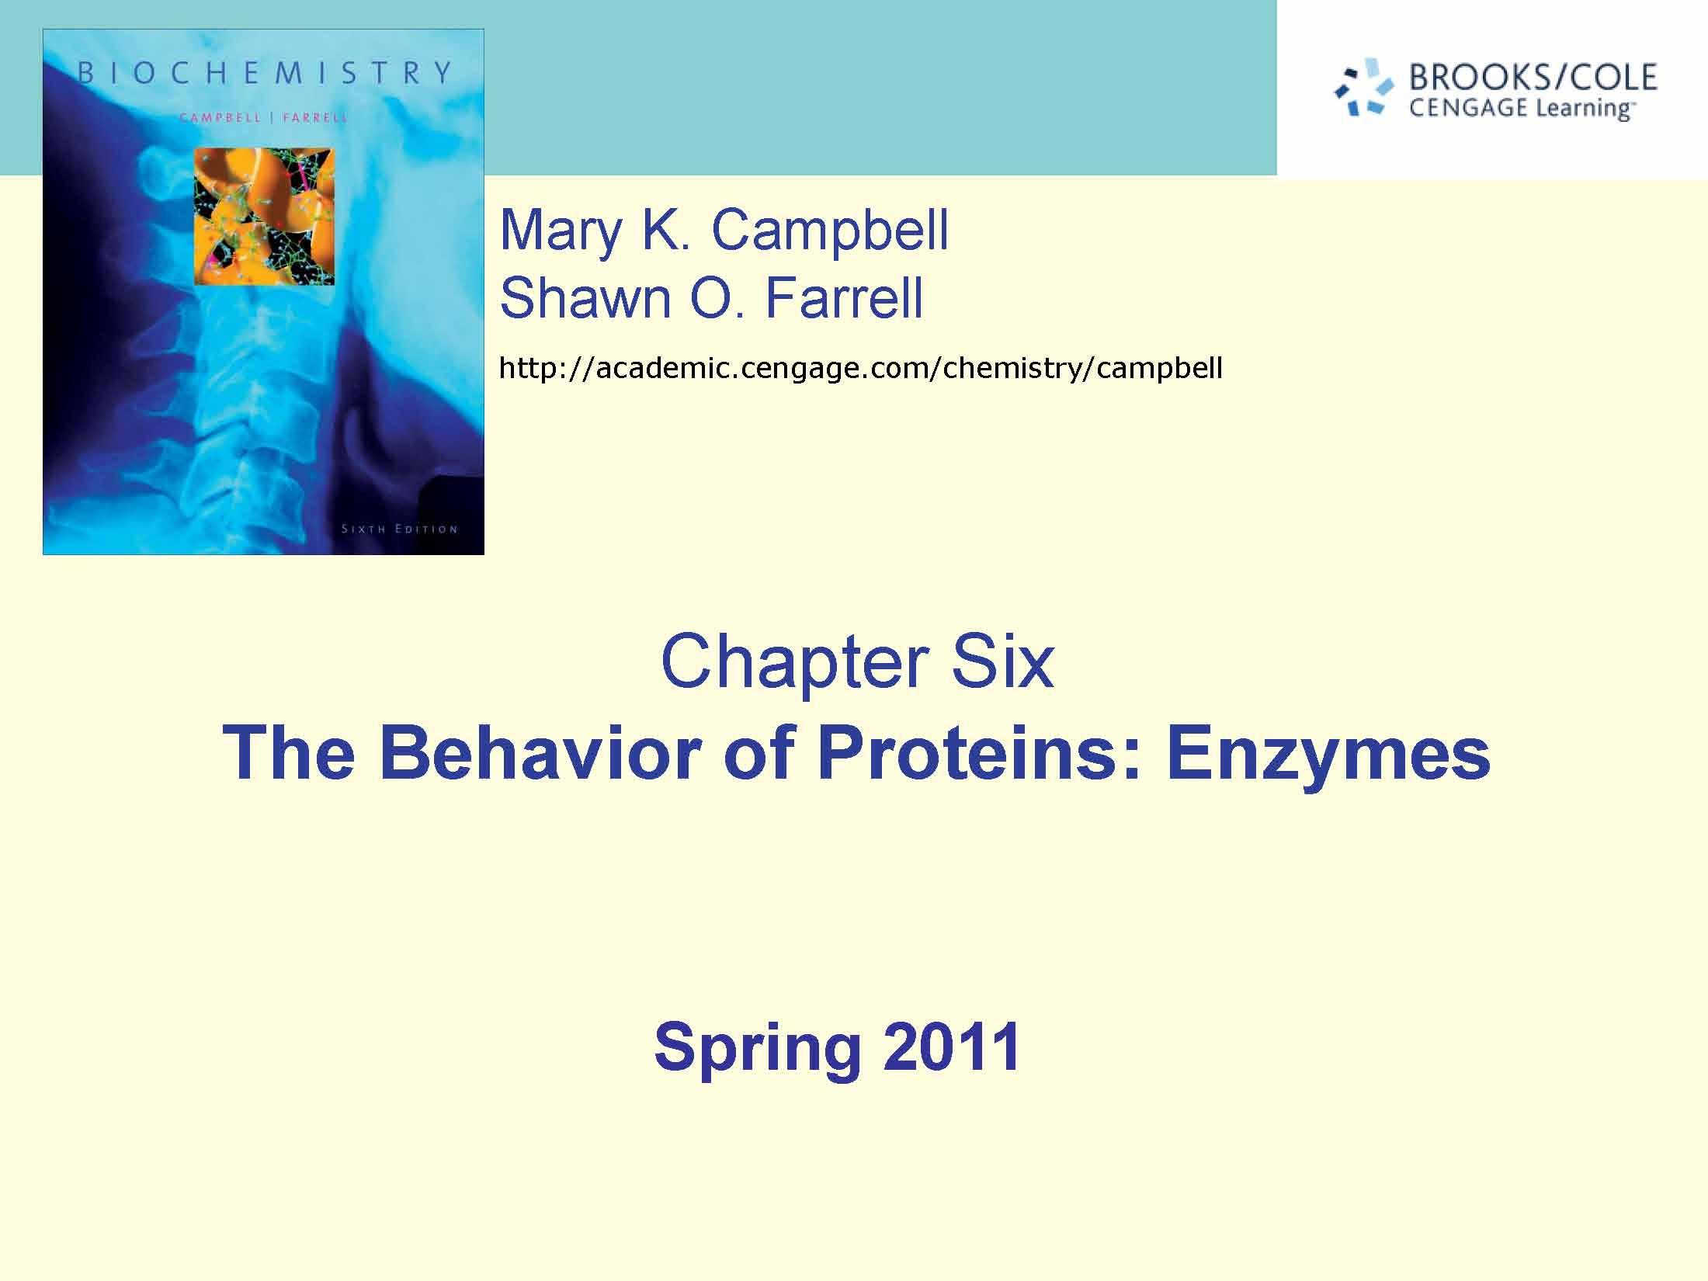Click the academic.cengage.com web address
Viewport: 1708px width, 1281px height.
pyautogui.click(x=860, y=367)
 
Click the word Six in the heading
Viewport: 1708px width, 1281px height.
pyautogui.click(x=1002, y=661)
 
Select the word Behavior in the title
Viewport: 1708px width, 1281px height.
pyautogui.click(x=540, y=752)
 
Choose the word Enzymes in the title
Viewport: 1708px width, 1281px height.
pyautogui.click(x=1328, y=754)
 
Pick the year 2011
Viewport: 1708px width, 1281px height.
pyautogui.click(x=951, y=1046)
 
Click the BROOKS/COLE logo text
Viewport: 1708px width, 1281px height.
pyautogui.click(x=1533, y=77)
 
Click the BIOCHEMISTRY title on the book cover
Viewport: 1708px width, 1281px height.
pyautogui.click(x=264, y=73)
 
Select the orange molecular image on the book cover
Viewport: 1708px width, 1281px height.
pyautogui.click(x=264, y=216)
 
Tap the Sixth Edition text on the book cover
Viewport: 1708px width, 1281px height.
pyautogui.click(x=400, y=529)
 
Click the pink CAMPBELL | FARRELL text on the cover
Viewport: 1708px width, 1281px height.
pyautogui.click(x=264, y=118)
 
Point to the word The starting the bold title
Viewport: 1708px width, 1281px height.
pyautogui.click(x=288, y=752)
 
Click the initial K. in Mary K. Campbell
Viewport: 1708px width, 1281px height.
pyautogui.click(x=665, y=230)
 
